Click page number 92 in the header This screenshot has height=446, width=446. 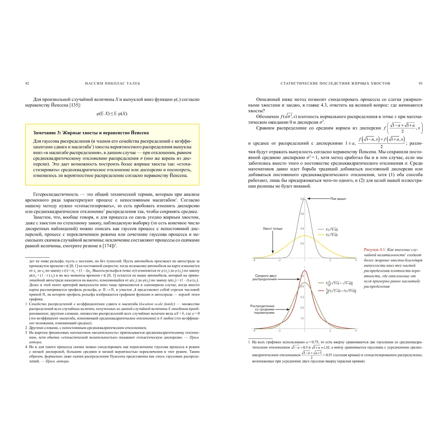tap(27, 83)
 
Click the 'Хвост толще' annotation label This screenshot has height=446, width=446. tap(273, 229)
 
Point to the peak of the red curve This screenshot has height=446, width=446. tap(305, 270)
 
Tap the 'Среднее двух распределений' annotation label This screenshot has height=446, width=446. tap(265, 278)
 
